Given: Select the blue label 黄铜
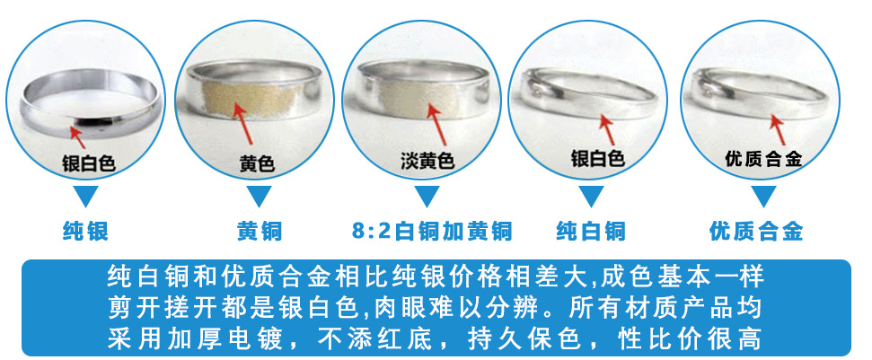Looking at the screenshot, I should coord(259,232).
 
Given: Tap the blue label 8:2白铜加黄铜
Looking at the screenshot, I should coord(432,232).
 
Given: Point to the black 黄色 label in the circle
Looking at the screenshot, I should coord(257,164).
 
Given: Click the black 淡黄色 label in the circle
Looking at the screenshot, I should coord(427,162).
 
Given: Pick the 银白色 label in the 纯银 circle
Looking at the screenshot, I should coord(89,163).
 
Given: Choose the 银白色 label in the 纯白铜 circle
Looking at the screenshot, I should coord(597,159).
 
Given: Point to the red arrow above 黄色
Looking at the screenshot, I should coord(245,124).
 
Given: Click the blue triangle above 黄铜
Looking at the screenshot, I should coord(258,196).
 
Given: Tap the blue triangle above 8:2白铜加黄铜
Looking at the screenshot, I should coord(430,196).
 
